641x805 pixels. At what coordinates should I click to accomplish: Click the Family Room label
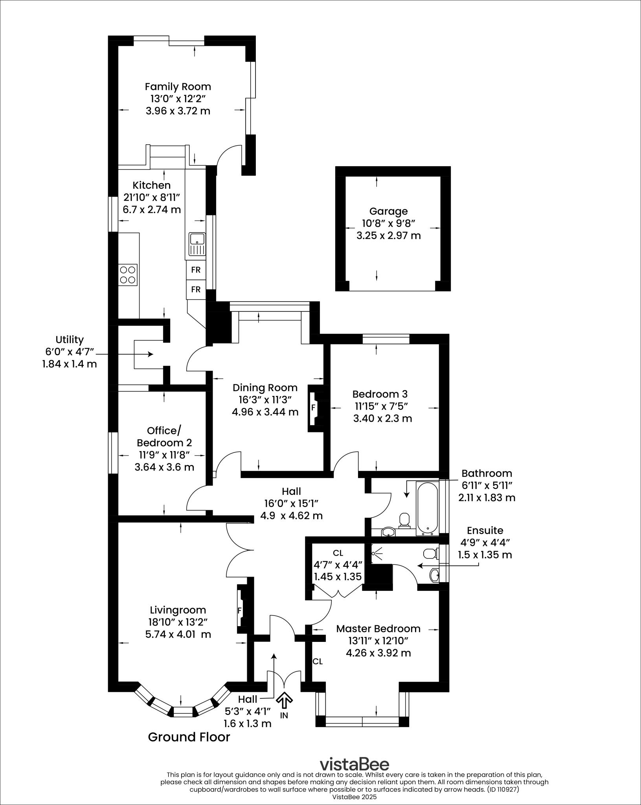click(178, 86)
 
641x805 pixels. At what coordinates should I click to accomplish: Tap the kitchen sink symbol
click(197, 244)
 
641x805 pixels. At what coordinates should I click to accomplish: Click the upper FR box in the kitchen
click(196, 270)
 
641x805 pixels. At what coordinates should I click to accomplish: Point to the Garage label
click(388, 211)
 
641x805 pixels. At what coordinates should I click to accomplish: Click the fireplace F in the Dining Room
click(313, 408)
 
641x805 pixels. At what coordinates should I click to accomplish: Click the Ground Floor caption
click(189, 737)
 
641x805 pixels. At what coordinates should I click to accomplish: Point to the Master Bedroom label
click(378, 629)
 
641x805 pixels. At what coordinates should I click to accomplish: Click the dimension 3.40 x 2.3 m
click(382, 419)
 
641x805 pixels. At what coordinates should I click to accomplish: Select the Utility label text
click(70, 340)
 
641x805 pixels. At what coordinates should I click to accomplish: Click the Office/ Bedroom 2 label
click(164, 437)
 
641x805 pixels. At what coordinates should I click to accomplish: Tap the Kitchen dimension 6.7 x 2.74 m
click(152, 210)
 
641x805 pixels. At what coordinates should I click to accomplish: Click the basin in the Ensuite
click(435, 576)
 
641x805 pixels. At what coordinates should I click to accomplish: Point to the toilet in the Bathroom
click(404, 520)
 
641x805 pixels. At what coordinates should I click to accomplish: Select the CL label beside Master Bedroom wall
click(318, 662)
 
